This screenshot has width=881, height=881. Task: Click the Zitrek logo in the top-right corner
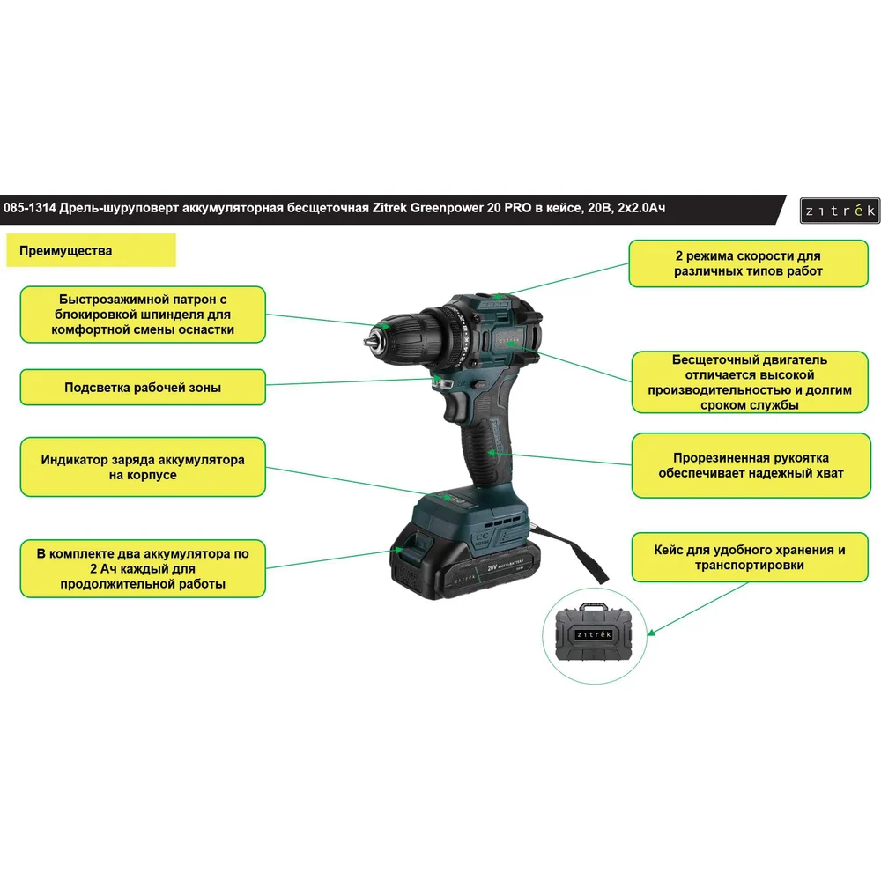pyautogui.click(x=840, y=211)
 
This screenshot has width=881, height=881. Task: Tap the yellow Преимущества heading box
pyautogui.click(x=91, y=250)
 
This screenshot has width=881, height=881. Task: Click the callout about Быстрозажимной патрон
pyautogui.click(x=143, y=315)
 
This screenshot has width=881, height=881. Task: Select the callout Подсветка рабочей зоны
pyautogui.click(x=143, y=387)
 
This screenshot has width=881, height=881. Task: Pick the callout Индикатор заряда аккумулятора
pyautogui.click(x=143, y=467)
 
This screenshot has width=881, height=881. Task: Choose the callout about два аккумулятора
pyautogui.click(x=143, y=568)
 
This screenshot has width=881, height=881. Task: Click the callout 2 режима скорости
pyautogui.click(x=748, y=263)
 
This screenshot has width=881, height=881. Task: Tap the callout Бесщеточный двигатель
pyautogui.click(x=750, y=382)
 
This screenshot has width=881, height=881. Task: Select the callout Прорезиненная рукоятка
pyautogui.click(x=751, y=465)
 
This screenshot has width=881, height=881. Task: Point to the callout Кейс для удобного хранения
pyautogui.click(x=750, y=558)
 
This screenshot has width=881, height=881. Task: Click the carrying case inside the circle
pyautogui.click(x=594, y=633)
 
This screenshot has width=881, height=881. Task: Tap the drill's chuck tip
pyautogui.click(x=369, y=342)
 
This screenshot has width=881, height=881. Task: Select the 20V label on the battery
pyautogui.click(x=492, y=567)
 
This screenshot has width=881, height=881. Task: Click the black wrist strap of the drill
pyautogui.click(x=574, y=552)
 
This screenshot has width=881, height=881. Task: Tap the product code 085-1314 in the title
pyautogui.click(x=30, y=208)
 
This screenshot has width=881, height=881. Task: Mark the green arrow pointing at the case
pyautogui.click(x=698, y=609)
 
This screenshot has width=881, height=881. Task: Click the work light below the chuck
pyautogui.click(x=443, y=383)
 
